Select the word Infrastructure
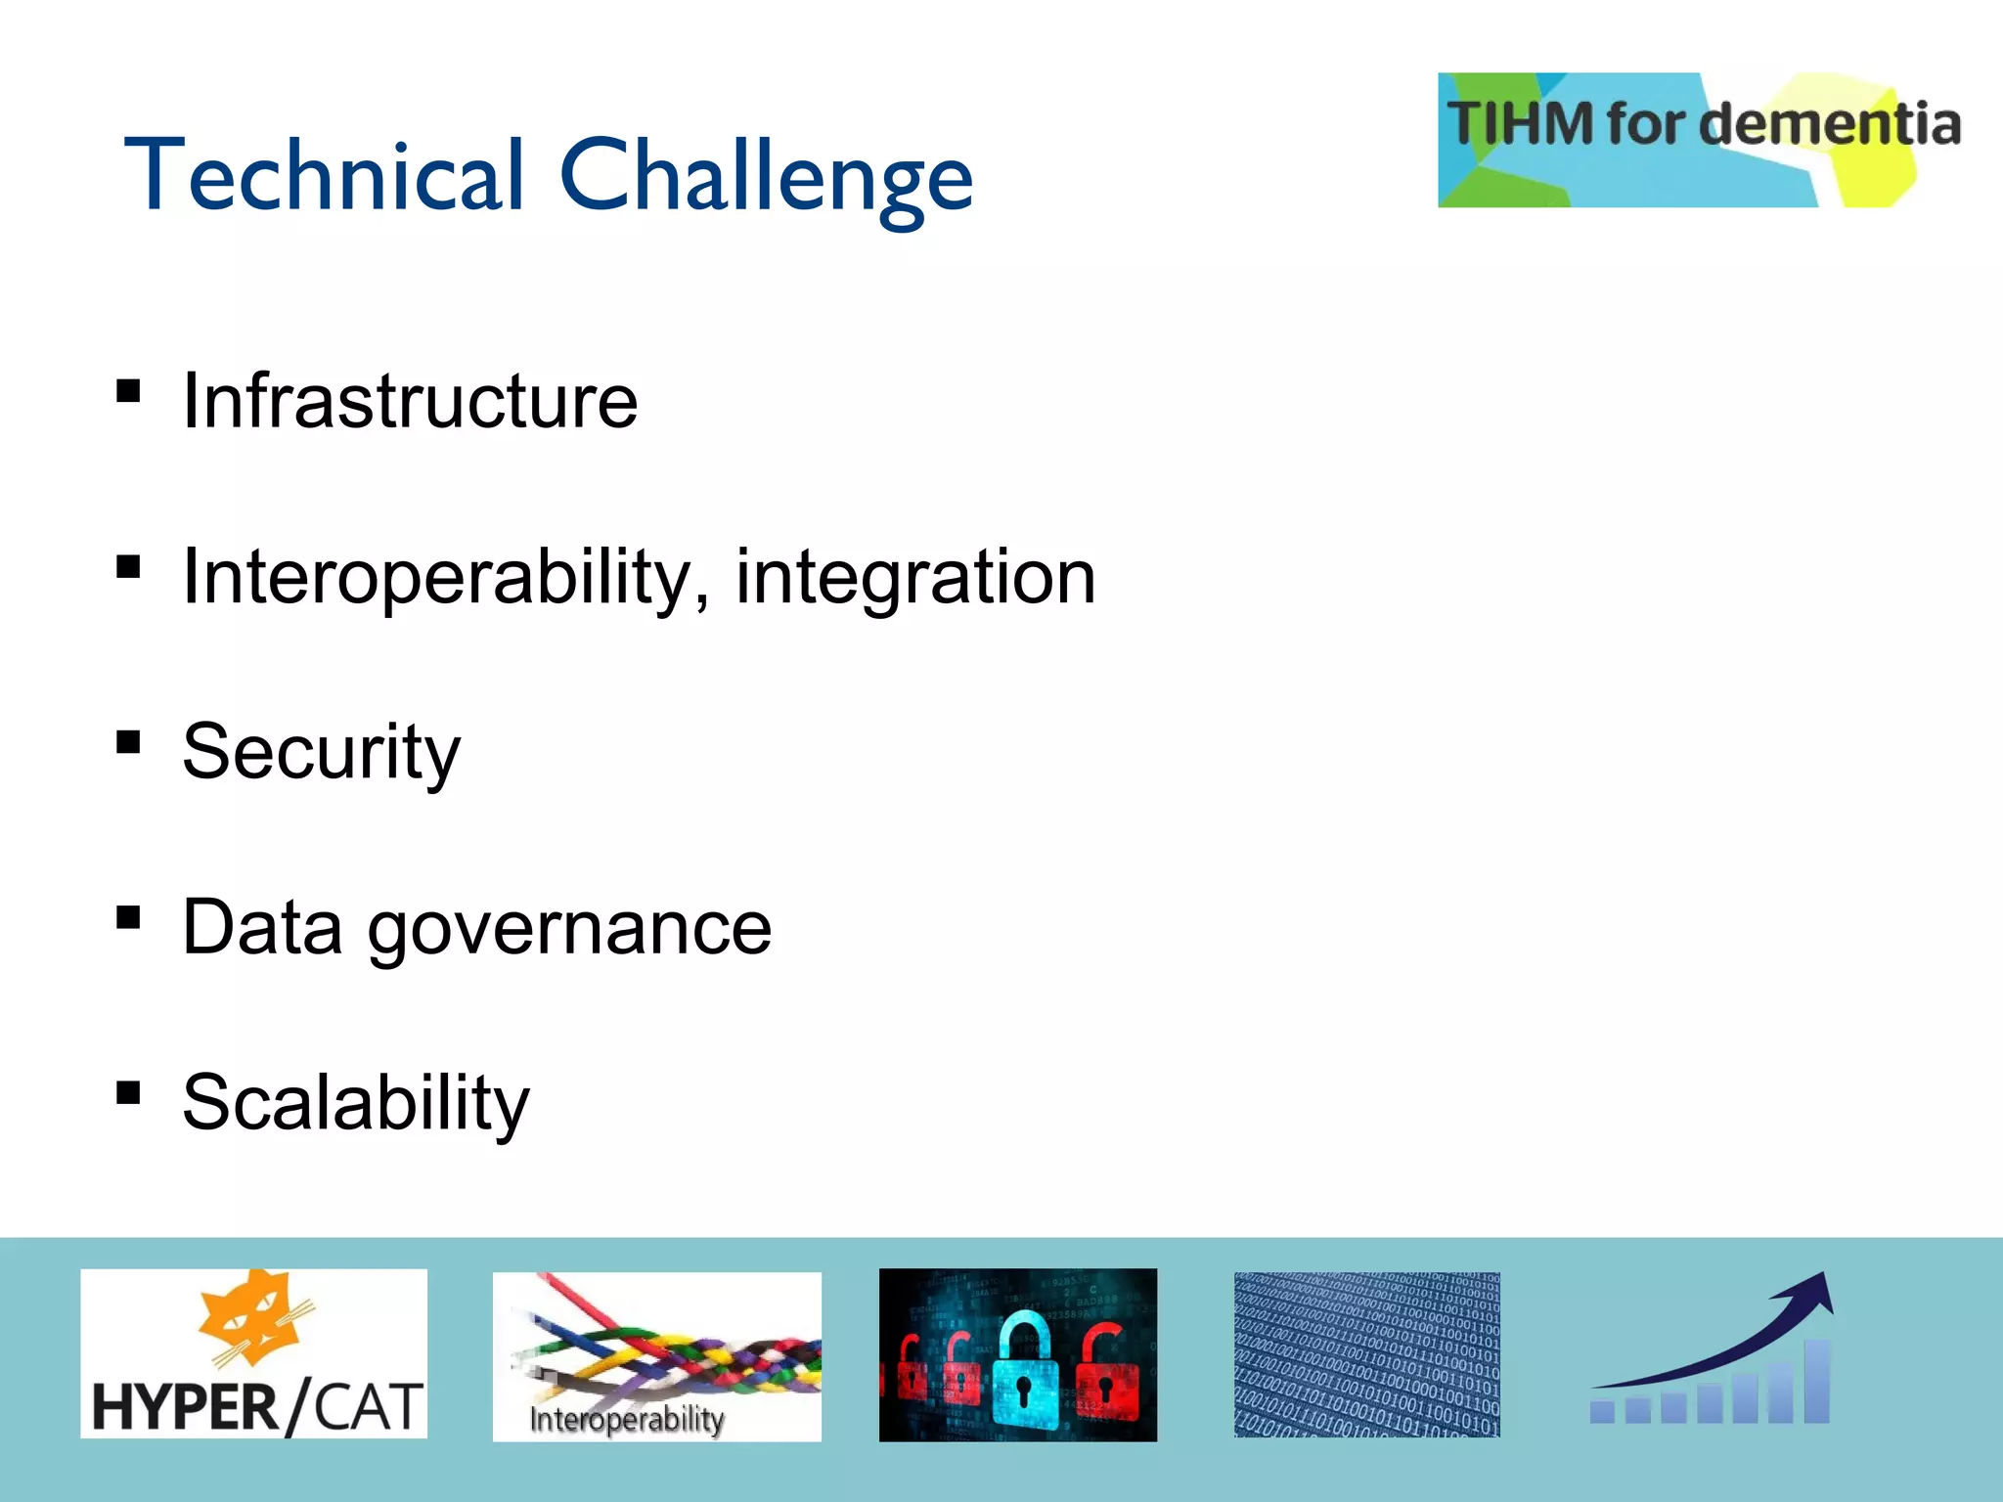[x=410, y=401]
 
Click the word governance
[x=569, y=929]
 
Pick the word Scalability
[x=356, y=1103]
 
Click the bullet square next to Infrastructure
[x=128, y=391]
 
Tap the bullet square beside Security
[x=128, y=742]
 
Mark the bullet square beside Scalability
[x=128, y=1092]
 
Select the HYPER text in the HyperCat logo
[x=186, y=1408]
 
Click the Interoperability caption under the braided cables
[x=627, y=1419]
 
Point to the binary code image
[x=1366, y=1354]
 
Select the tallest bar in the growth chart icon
[x=1816, y=1381]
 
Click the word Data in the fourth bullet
[x=262, y=929]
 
